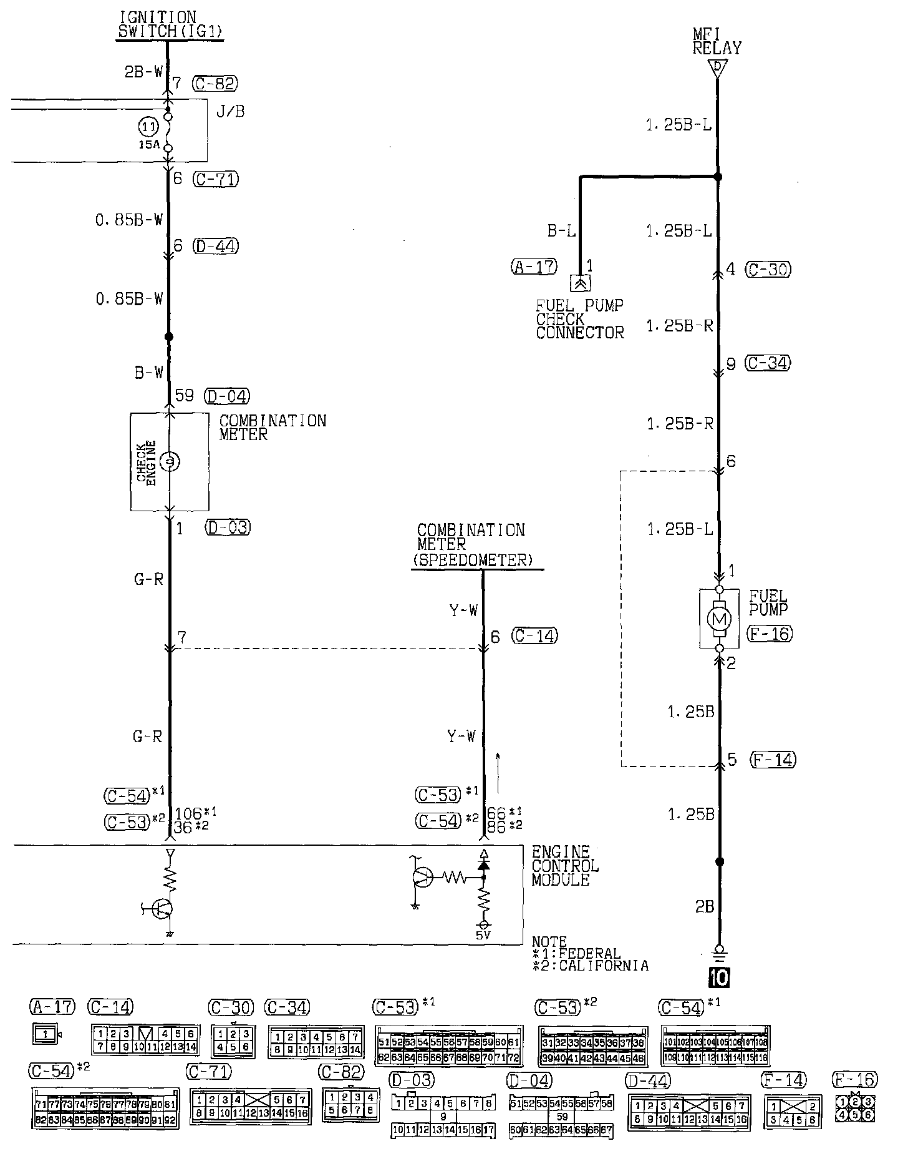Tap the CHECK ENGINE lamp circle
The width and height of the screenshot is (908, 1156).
[x=169, y=462]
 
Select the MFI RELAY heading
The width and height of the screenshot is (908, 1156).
[x=717, y=41]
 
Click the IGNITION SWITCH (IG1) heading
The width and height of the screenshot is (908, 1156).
[x=170, y=26]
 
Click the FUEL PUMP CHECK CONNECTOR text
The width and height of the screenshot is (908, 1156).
[x=579, y=320]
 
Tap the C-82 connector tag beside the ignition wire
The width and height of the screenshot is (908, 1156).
[x=215, y=83]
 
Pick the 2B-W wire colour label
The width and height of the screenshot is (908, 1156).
[x=143, y=72]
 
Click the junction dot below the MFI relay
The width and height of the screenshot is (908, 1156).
[x=718, y=177]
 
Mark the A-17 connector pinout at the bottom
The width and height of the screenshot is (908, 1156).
[x=46, y=1034]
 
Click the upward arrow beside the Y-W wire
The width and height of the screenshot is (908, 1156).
[x=498, y=765]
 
